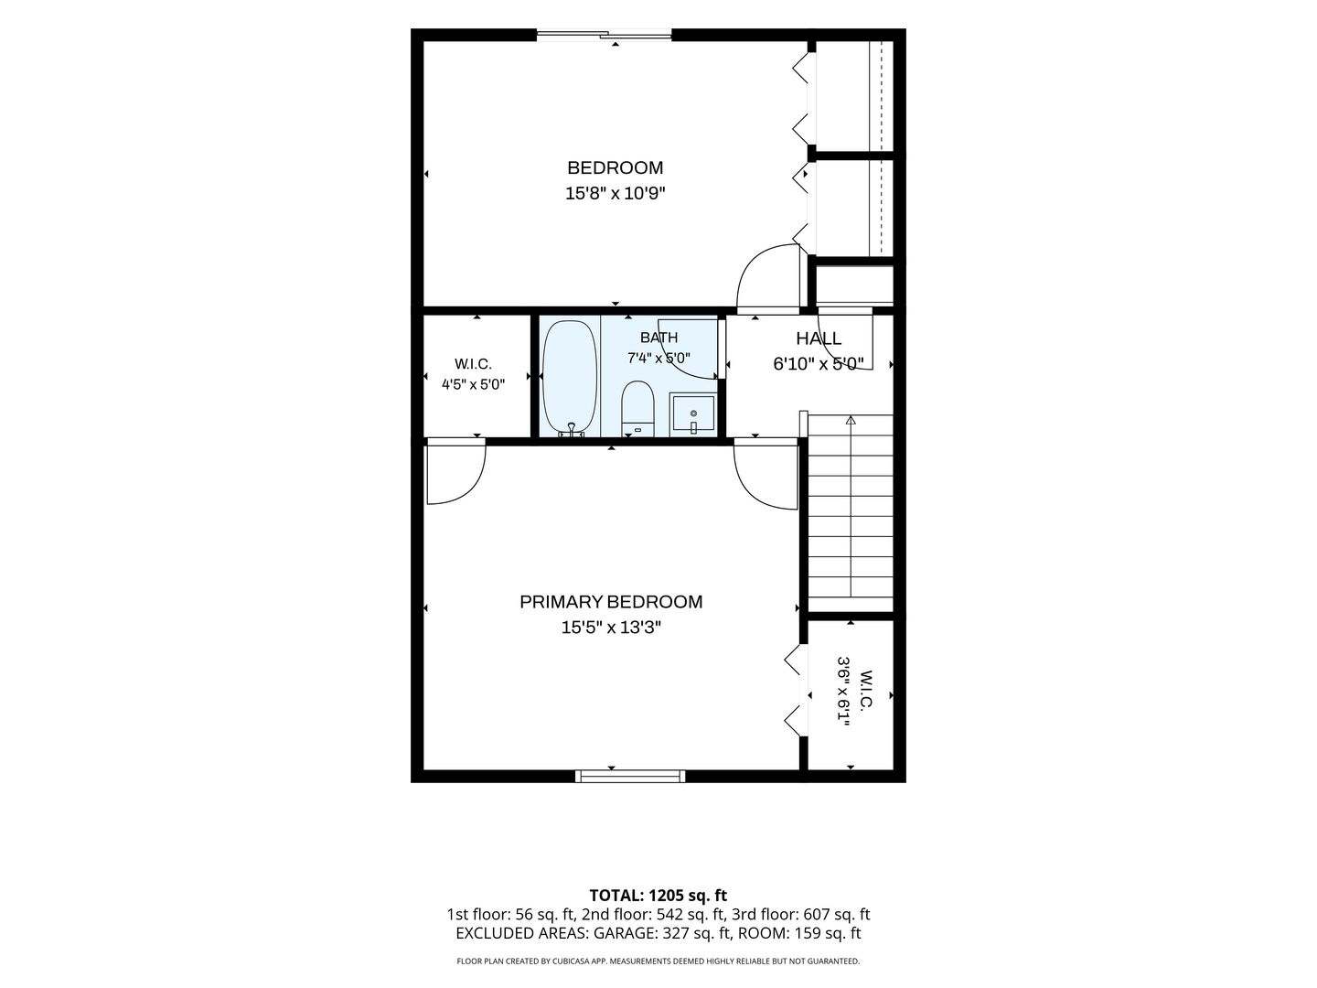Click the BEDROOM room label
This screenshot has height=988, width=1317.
(x=615, y=167)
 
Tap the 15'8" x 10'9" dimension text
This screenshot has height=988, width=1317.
(x=615, y=194)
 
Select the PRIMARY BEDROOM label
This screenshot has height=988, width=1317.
(x=611, y=602)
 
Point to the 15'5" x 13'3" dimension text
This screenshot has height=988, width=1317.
(x=611, y=628)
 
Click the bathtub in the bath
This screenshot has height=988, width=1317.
(x=570, y=379)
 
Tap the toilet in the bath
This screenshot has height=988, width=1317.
(x=637, y=408)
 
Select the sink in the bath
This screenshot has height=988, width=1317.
(x=693, y=413)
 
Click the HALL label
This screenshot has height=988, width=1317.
(x=819, y=338)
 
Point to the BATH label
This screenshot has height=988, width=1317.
(x=658, y=338)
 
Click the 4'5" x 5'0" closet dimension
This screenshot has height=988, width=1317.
(x=474, y=384)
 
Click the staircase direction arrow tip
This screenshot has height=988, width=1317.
(x=851, y=417)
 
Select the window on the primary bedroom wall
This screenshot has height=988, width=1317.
(x=630, y=777)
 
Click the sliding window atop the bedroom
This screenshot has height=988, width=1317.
(x=604, y=34)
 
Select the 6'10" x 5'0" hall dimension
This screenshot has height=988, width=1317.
(x=819, y=363)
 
